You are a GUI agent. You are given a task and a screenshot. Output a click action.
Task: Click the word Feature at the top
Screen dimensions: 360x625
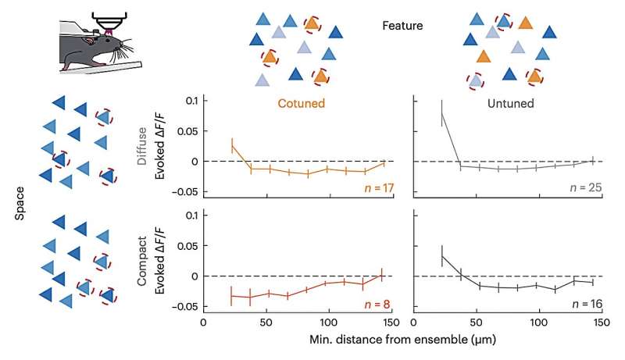click(402, 26)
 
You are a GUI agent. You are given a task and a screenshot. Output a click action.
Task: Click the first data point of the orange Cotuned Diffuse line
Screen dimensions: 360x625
click(232, 145)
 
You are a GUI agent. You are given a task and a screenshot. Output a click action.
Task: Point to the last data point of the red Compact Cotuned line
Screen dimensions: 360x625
click(382, 275)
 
